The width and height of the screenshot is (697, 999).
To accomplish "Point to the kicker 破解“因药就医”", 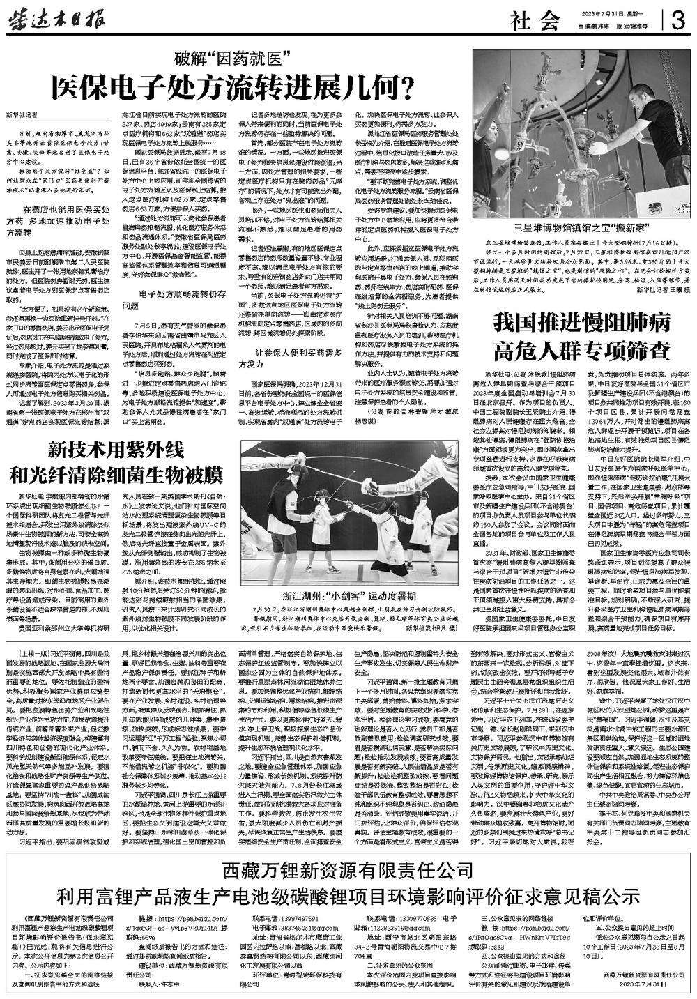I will tap(236, 59).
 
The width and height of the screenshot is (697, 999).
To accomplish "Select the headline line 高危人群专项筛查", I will tap(582, 348).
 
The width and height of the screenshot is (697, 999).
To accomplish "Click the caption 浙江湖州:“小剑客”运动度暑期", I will tap(355, 616).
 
